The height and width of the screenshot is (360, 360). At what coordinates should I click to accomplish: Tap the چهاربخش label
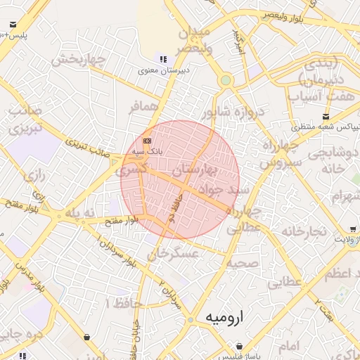[73, 58]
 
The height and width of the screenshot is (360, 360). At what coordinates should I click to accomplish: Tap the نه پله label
[79, 212]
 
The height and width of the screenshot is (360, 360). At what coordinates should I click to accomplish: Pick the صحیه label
[243, 262]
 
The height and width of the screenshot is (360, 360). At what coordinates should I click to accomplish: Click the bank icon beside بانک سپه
[146, 140]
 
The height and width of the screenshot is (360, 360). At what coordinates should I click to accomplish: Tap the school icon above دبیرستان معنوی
[163, 60]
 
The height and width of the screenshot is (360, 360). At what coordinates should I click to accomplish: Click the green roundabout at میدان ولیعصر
[225, 80]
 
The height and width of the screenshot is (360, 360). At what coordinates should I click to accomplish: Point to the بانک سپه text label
[148, 151]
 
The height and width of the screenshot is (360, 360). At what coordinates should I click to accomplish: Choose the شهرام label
[342, 194]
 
